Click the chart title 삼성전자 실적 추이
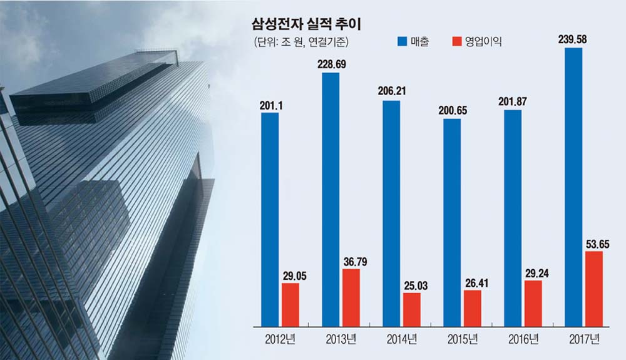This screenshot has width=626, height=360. (x=310, y=24)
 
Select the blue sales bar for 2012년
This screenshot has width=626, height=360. (x=270, y=219)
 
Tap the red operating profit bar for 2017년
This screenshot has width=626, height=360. (x=593, y=289)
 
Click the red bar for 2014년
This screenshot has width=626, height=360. (x=412, y=309)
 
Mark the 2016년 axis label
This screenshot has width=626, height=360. (x=523, y=340)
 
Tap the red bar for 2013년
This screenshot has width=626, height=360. (x=351, y=297)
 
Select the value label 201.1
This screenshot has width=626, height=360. (x=270, y=105)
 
